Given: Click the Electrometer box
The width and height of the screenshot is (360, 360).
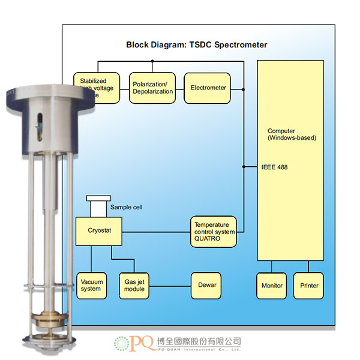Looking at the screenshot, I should [x=208, y=88].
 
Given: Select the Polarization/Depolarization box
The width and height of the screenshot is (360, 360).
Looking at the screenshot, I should [x=153, y=88].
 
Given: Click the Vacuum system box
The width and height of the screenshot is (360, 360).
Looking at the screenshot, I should [x=91, y=285].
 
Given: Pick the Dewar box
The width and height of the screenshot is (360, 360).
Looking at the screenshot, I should [x=206, y=285].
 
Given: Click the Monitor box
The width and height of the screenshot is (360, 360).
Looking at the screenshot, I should [x=272, y=286].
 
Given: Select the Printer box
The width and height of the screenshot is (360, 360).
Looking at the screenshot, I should [x=309, y=286].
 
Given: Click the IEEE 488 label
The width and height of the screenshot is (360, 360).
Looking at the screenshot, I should [x=275, y=167].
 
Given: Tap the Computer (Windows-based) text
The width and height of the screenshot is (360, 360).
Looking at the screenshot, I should [x=292, y=134].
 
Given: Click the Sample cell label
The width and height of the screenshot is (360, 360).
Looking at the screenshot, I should [x=126, y=208].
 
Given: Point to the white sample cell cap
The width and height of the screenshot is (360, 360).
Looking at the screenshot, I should [x=98, y=198].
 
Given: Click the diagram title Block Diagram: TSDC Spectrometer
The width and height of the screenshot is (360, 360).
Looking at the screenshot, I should [x=197, y=45].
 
